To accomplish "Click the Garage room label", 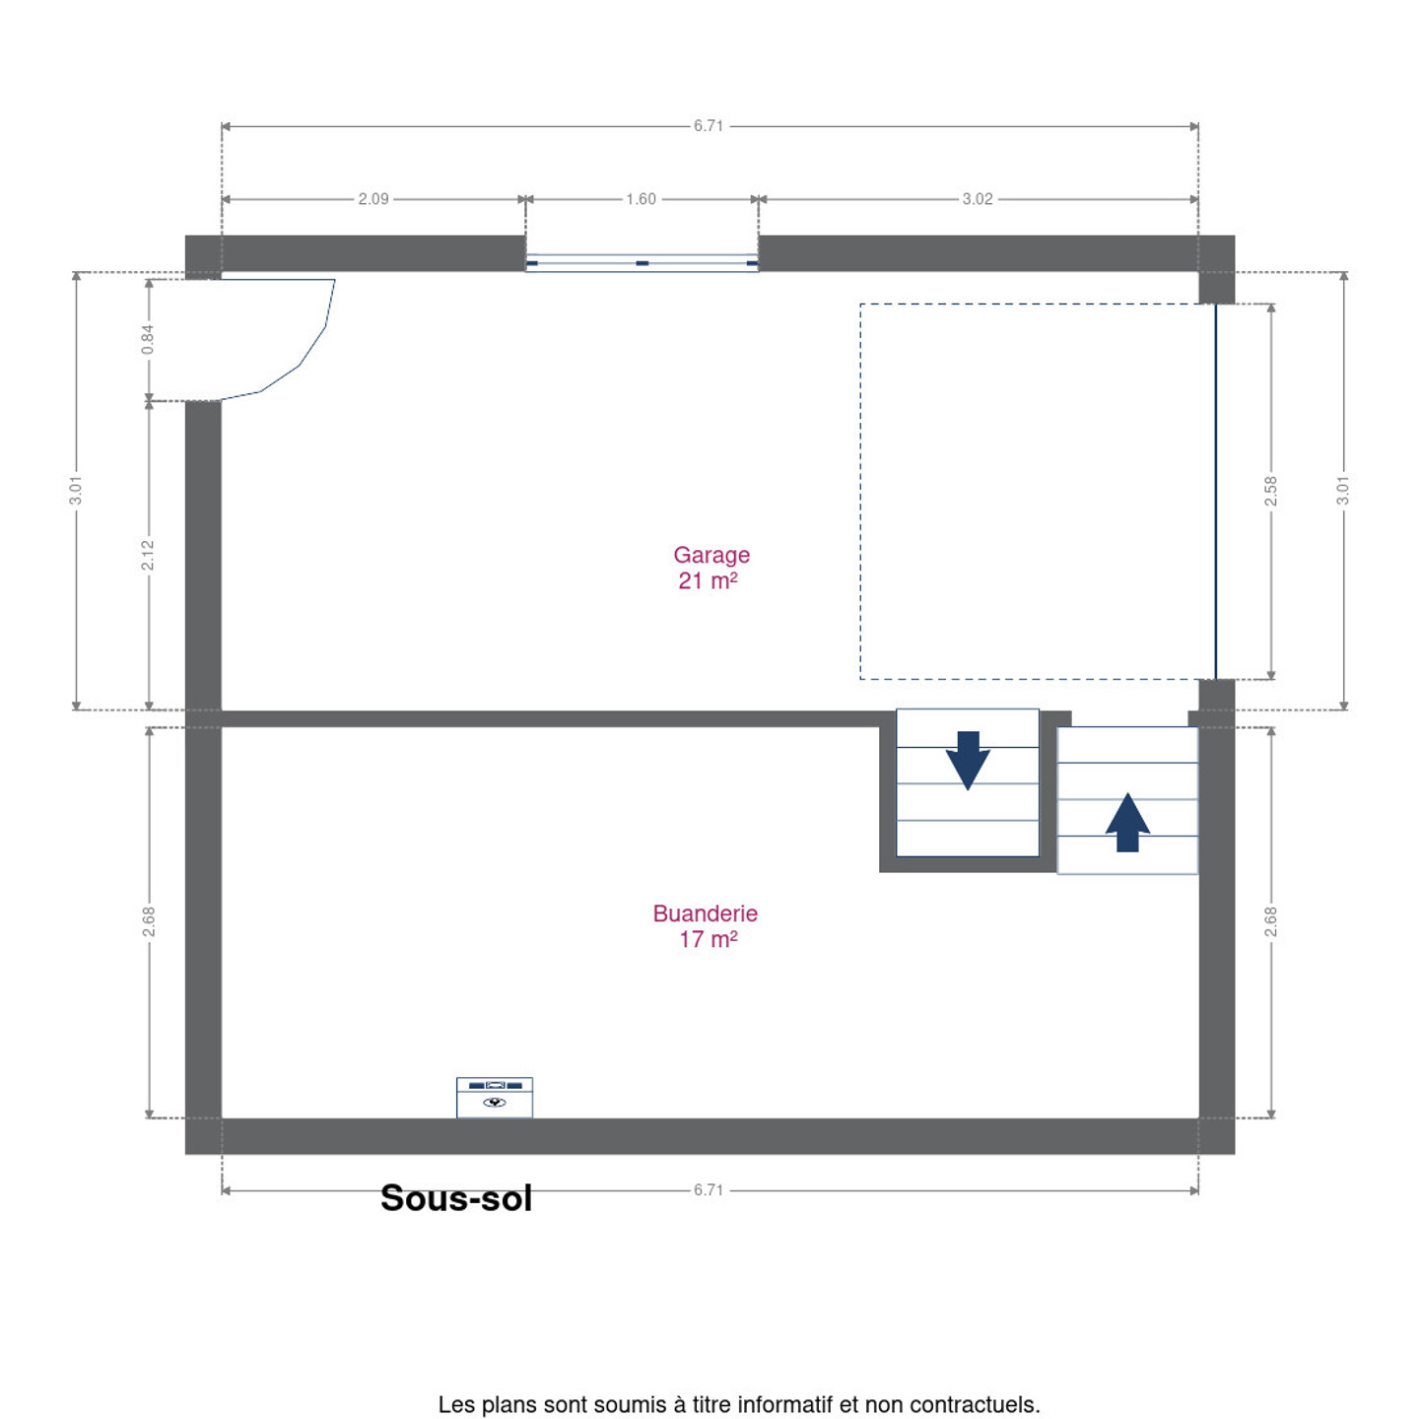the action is point(710,555).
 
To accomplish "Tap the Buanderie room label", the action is point(705,913).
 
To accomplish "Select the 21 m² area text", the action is point(708,581).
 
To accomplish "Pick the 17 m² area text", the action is point(708,940).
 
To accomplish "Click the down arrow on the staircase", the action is point(967,760).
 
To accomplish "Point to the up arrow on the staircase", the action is point(1127,822).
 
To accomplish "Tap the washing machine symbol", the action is point(494,1097).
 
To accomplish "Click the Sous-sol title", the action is point(456,1198).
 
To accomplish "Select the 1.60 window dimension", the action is point(641,199).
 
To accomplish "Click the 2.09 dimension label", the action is point(373,199).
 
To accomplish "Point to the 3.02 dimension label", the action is point(978,199).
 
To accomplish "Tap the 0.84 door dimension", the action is point(148,339).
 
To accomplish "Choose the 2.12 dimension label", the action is point(148,555).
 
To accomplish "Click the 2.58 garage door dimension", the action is point(1270,491).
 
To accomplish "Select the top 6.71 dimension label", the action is point(708,126).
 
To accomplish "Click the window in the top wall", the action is point(642,263).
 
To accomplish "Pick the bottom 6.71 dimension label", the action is point(708,1190).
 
